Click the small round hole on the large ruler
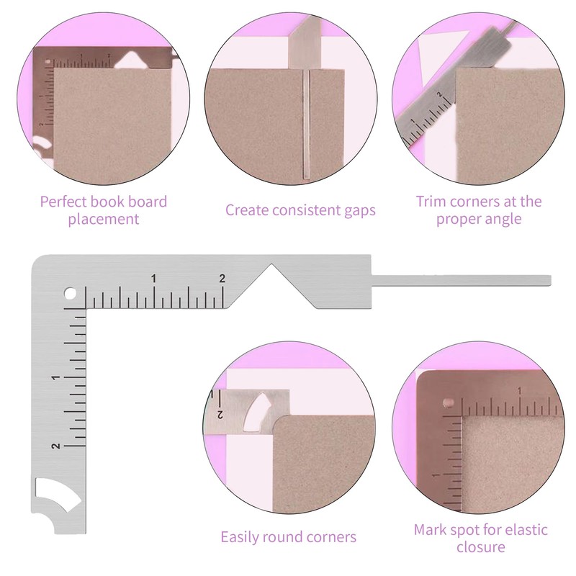pos(71,294)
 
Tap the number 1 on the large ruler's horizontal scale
pos(154,279)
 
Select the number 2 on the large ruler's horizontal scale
pos(222,279)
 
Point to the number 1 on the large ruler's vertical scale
pos(55,378)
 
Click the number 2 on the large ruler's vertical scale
pos(55,446)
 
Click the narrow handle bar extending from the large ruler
pos(461,279)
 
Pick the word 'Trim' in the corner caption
pos(431,202)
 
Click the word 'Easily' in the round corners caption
pos(243,537)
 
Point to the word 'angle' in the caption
pos(502,219)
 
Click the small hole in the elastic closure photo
pos(447,402)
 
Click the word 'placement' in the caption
pos(104,219)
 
